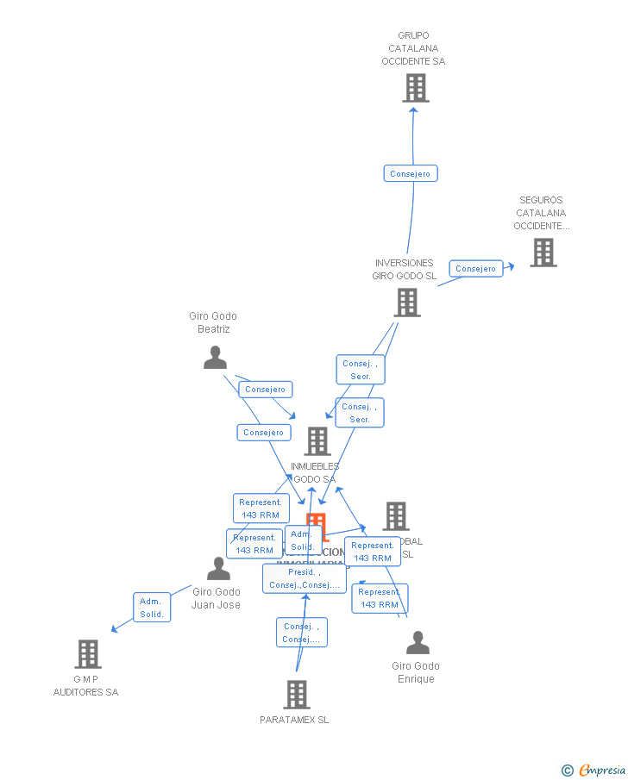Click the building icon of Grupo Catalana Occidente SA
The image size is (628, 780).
pos(415,88)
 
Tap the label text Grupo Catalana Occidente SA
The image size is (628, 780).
pos(413,49)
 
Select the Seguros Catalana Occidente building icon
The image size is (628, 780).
pos(543,253)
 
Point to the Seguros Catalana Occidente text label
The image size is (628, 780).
pos(541,213)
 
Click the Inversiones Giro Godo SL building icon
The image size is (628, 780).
pos(407,303)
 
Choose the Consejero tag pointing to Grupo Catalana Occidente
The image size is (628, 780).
pos(411,174)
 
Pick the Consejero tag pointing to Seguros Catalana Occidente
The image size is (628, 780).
pos(476,269)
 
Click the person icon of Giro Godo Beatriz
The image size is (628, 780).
pos(215,358)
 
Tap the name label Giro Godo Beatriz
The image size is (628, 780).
pos(213,322)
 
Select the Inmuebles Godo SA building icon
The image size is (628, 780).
pos(317,441)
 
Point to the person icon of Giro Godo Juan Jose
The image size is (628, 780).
pos(218,569)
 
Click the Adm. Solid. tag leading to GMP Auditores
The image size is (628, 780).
pos(152,608)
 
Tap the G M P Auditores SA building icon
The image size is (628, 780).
pos(88,654)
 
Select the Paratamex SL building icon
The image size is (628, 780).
pos(296,695)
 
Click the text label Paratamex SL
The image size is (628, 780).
pos(294,720)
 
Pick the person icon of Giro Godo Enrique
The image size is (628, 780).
pos(418,643)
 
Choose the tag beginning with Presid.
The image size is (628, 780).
pos(305,578)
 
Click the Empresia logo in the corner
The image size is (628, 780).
pos(594,770)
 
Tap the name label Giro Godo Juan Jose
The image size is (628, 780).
pos(216,598)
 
